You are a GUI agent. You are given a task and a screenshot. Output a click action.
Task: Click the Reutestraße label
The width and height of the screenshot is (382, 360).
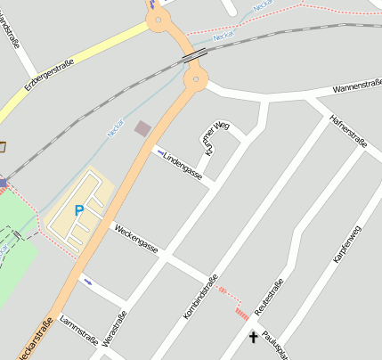pyautogui.click(x=269, y=297)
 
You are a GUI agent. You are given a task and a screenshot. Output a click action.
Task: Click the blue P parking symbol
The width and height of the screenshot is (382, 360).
pyautogui.click(x=78, y=211)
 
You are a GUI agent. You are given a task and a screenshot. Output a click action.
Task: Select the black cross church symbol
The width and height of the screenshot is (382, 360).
pyautogui.click(x=253, y=337)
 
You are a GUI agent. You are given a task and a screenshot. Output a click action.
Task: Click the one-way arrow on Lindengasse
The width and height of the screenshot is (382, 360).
pyautogui.click(x=160, y=152)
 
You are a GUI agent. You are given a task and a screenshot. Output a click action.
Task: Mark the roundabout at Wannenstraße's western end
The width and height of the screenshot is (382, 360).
pyautogui.click(x=196, y=82)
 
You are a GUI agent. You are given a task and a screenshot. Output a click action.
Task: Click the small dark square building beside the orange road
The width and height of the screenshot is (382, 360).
pyautogui.click(x=142, y=129)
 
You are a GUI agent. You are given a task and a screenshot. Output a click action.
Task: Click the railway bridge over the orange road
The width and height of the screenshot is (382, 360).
pyautogui.click(x=191, y=55)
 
